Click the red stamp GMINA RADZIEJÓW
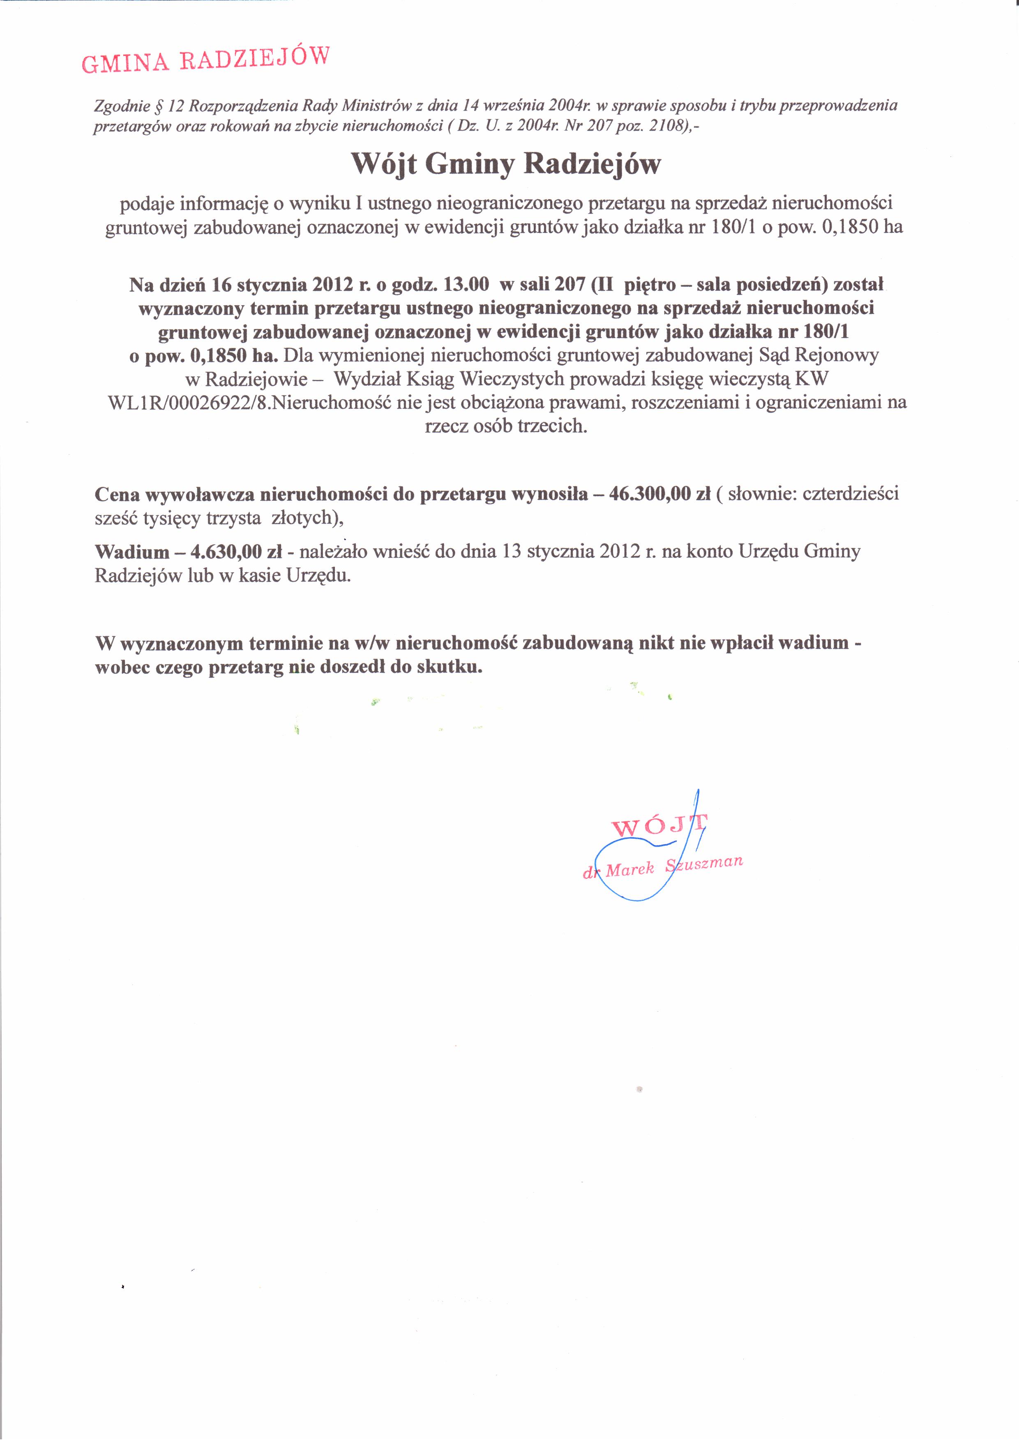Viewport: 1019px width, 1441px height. coord(205,60)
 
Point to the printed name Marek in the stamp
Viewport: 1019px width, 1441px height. coord(630,869)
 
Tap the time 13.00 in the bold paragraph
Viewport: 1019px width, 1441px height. coord(466,284)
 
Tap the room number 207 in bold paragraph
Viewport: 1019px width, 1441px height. coord(570,284)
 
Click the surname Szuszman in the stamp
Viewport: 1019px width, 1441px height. coord(704,863)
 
